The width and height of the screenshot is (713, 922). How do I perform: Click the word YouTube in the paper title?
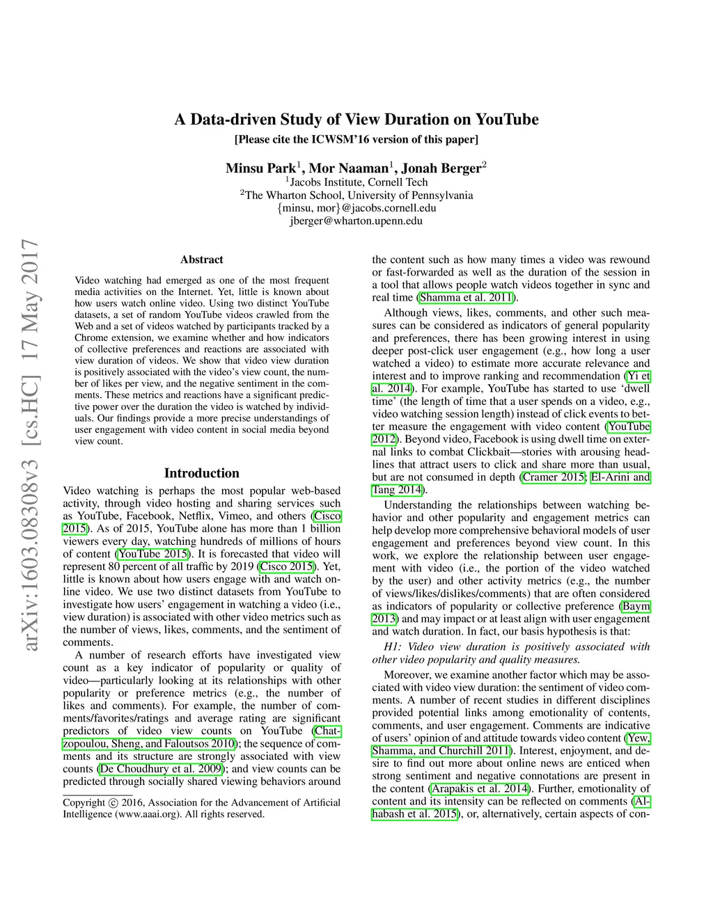pyautogui.click(x=507, y=120)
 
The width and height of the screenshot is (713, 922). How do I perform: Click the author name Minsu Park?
pyautogui.click(x=260, y=168)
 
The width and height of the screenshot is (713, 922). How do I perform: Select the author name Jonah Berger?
pyautogui.click(x=441, y=168)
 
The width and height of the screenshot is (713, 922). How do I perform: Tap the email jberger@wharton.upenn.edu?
pyautogui.click(x=356, y=221)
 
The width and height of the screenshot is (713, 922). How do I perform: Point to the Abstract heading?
pyautogui.click(x=202, y=260)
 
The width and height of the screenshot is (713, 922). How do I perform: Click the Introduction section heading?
pyautogui.click(x=202, y=473)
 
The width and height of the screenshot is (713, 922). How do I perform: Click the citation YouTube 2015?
pyautogui.click(x=153, y=554)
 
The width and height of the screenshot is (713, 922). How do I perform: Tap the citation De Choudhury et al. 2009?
pyautogui.click(x=161, y=769)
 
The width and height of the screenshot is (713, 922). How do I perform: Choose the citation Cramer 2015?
pyautogui.click(x=554, y=477)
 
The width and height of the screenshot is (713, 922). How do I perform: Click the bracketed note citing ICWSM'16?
pyautogui.click(x=356, y=139)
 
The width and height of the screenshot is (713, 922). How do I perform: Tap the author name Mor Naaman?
pyautogui.click(x=349, y=168)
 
